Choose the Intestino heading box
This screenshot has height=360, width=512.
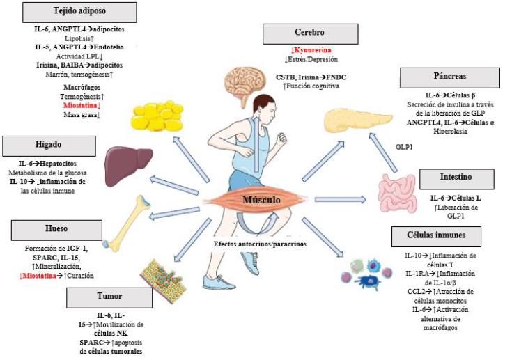pos(456,178)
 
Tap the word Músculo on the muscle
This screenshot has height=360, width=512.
pos(261,201)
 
